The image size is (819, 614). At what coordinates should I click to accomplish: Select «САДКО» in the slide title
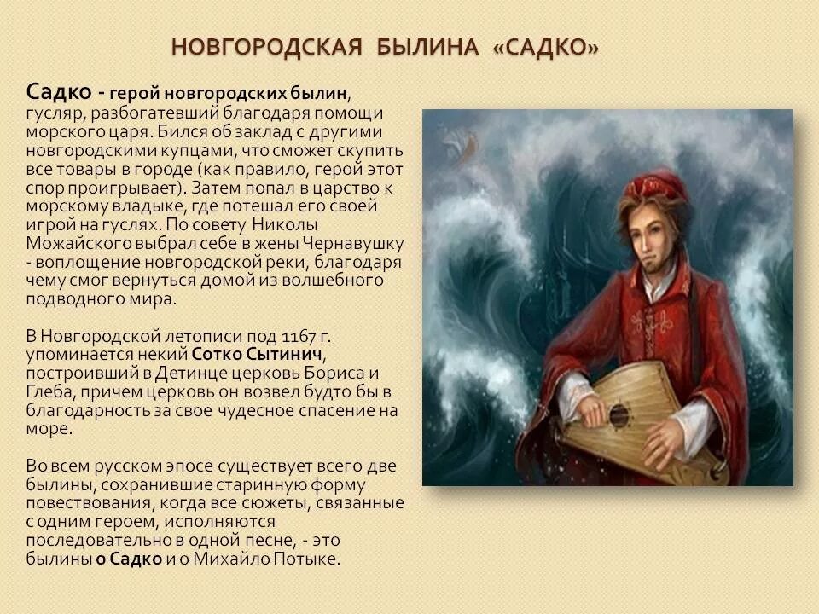click(x=545, y=47)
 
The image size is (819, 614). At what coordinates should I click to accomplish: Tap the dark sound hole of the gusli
click(x=619, y=416)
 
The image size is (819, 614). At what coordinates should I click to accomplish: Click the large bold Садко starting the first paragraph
click(x=56, y=91)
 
